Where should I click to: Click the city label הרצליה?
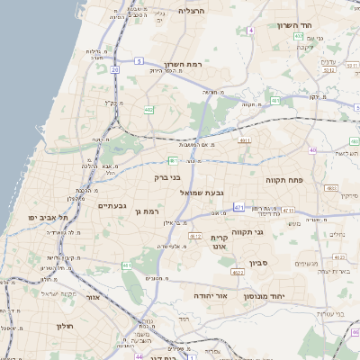(192, 11)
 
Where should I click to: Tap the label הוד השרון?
(293, 25)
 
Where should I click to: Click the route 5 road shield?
(139, 60)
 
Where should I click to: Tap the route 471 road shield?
(239, 207)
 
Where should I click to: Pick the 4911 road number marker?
(245, 141)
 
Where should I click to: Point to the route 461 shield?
(127, 265)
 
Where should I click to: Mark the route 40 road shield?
(312, 150)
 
